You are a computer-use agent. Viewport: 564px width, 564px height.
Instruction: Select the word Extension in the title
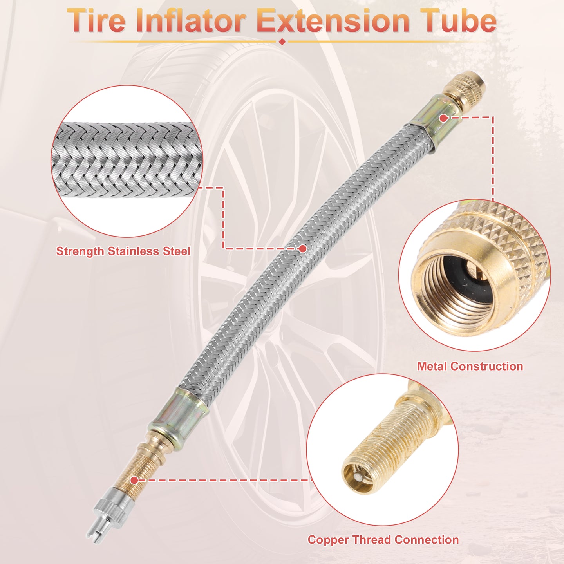pyautogui.click(x=334, y=21)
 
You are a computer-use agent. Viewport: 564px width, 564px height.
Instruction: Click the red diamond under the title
pyautogui.click(x=282, y=42)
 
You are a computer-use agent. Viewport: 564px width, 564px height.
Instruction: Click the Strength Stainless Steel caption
pyautogui.click(x=123, y=251)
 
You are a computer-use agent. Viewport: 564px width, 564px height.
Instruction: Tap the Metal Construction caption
pyautogui.click(x=470, y=366)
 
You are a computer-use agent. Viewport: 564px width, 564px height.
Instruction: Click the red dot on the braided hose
pyautogui.click(x=303, y=249)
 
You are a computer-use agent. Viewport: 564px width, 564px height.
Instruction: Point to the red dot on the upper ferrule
pyautogui.click(x=443, y=118)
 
